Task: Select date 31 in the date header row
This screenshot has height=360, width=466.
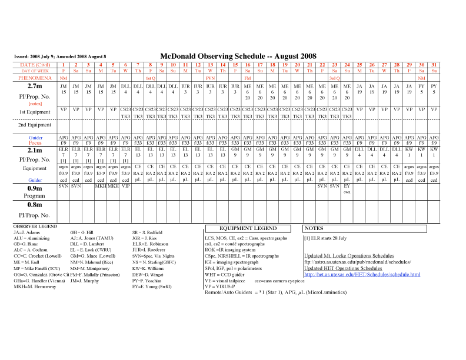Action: (434, 64)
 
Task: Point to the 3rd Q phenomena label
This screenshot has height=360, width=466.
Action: (334, 78)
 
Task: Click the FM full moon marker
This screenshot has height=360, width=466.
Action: (248, 78)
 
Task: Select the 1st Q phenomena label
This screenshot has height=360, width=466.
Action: (151, 78)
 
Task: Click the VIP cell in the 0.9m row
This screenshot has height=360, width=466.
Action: (125, 186)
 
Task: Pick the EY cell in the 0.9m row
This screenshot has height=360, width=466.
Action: (347, 186)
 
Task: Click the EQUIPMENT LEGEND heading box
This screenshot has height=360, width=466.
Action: (248, 228)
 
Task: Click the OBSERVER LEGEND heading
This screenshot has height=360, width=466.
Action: (35, 226)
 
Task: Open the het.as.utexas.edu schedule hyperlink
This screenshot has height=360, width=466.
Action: (362, 274)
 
